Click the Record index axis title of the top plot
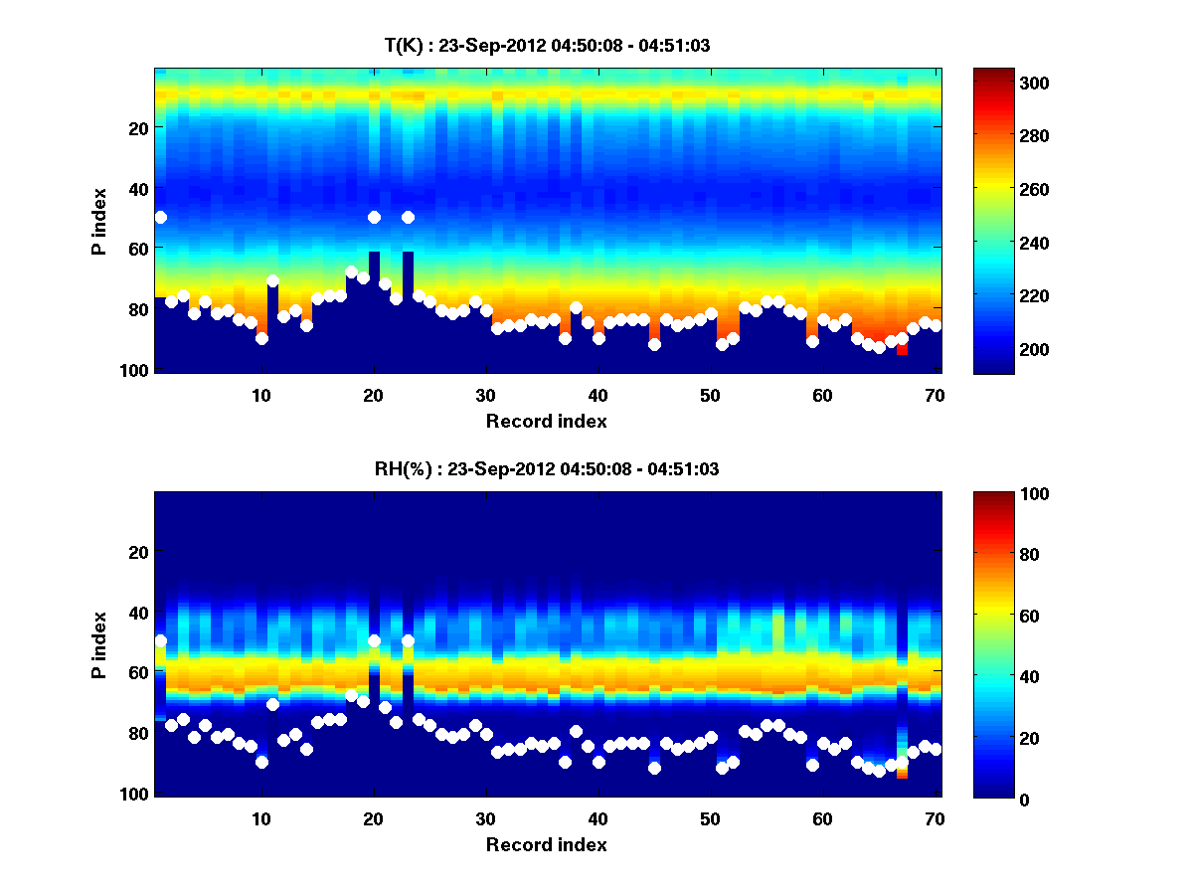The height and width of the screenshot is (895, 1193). [547, 422]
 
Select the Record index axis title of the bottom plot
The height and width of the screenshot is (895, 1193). [547, 845]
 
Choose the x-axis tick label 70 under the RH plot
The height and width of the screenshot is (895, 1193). [935, 818]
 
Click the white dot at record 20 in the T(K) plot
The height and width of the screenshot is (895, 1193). [374, 217]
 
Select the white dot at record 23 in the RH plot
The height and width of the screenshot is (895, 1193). [408, 641]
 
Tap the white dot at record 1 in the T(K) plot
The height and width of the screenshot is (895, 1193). [161, 217]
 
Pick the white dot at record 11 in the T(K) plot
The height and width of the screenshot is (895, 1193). [272, 280]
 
